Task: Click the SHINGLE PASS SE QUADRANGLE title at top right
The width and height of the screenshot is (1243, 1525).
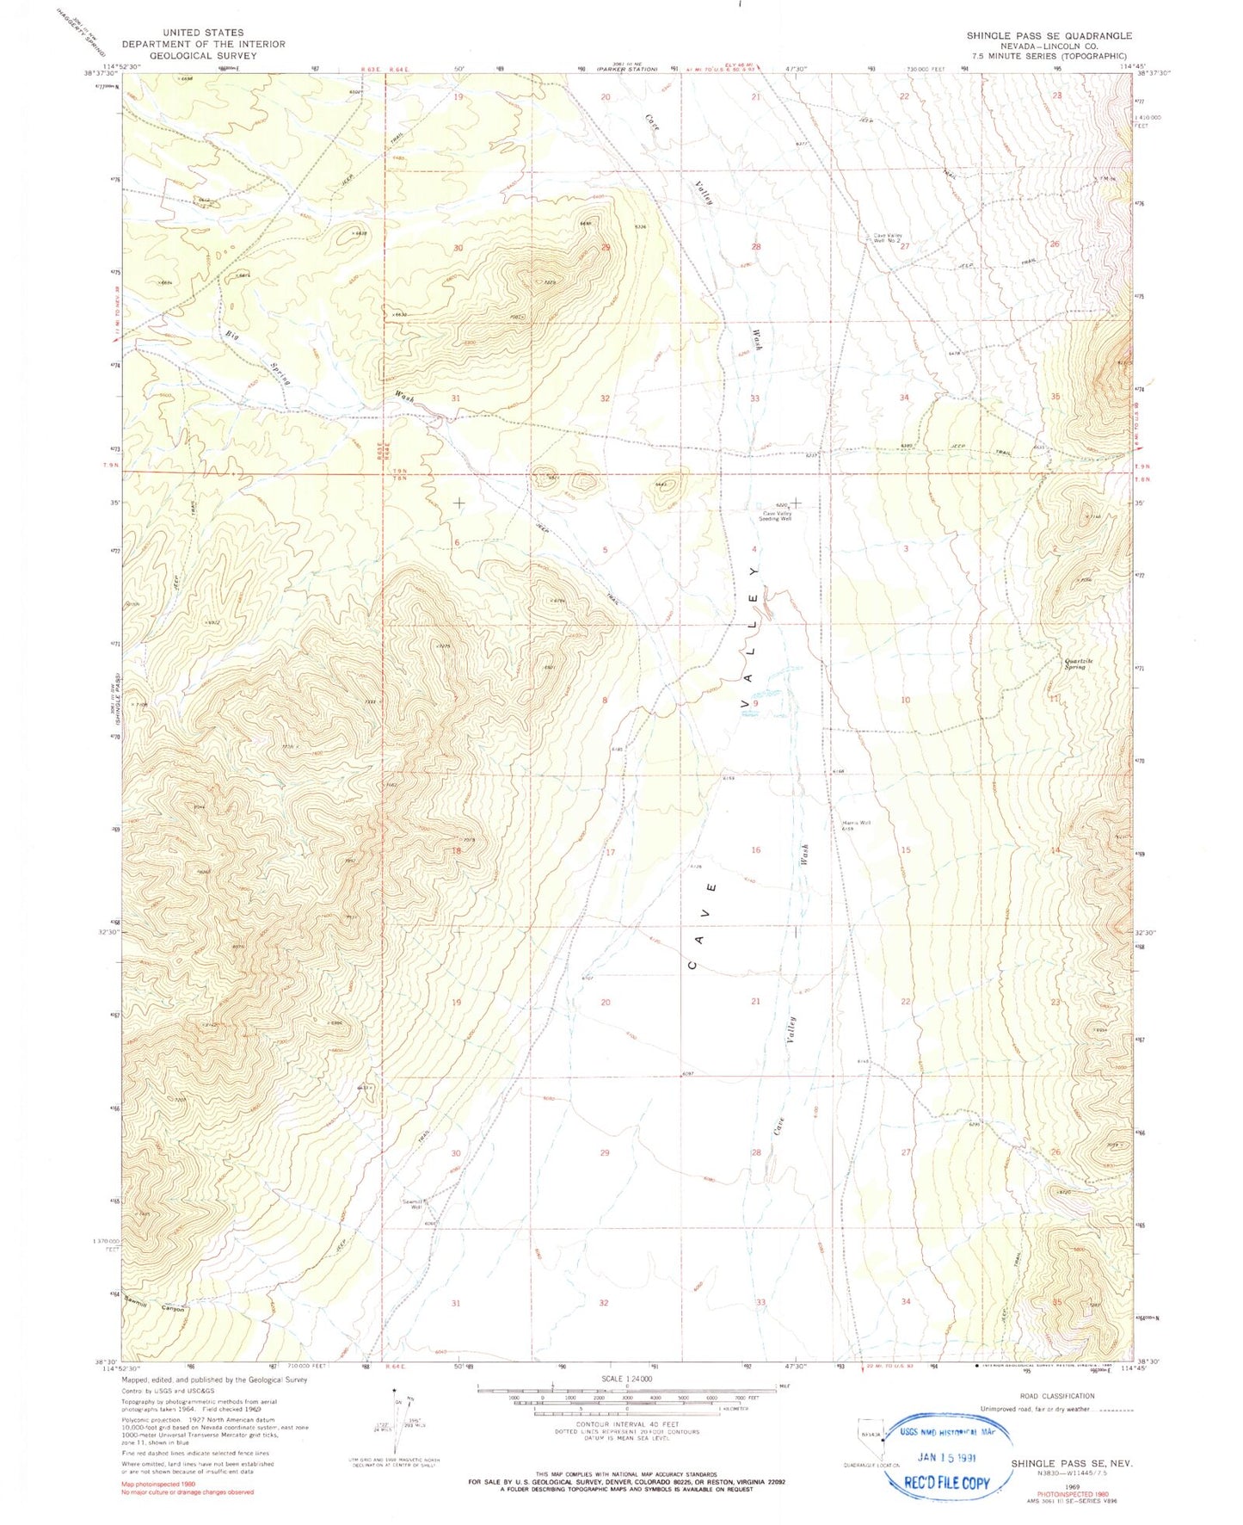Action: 1049,35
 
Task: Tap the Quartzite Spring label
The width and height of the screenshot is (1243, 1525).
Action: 1075,664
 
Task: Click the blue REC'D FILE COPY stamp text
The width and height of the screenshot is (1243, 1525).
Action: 946,1482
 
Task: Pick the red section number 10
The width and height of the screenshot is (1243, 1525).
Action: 905,700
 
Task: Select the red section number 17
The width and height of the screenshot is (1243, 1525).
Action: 611,852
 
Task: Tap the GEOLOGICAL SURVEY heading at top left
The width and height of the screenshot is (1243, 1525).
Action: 203,55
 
